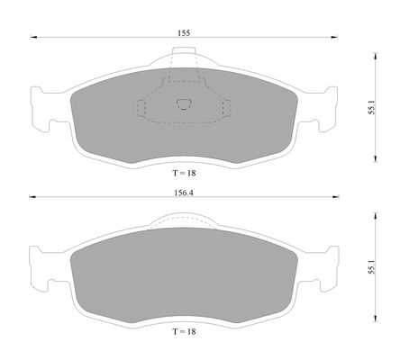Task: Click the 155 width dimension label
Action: pyautogui.click(x=184, y=32)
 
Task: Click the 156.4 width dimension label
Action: pyautogui.click(x=184, y=193)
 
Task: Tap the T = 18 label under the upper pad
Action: pyautogui.click(x=184, y=173)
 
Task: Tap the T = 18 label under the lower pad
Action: pyautogui.click(x=184, y=331)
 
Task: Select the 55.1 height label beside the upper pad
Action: pyautogui.click(x=372, y=107)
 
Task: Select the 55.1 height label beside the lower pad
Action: pyautogui.click(x=372, y=267)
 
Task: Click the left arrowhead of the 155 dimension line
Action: pyautogui.click(x=33, y=37)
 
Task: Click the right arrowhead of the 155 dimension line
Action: pyautogui.click(x=334, y=37)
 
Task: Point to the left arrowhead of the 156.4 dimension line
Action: pyautogui.click(x=32, y=197)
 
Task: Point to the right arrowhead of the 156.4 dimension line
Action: pyautogui.click(x=336, y=197)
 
